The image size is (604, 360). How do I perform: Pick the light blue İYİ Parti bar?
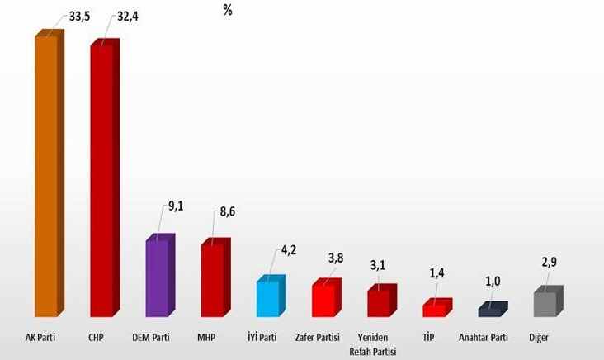click(269, 297)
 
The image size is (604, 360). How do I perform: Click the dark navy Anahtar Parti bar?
click(491, 311)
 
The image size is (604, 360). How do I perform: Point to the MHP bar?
click(214, 281)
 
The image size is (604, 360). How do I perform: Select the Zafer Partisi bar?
click(324, 299)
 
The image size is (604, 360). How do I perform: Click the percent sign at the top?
click(228, 11)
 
